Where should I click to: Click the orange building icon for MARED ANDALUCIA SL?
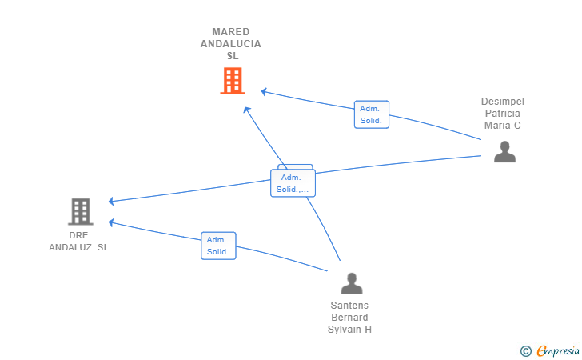pyautogui.click(x=233, y=81)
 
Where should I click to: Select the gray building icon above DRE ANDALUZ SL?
pyautogui.click(x=81, y=212)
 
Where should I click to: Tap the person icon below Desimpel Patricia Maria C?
pyautogui.click(x=504, y=151)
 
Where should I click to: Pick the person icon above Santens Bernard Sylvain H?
pyautogui.click(x=352, y=283)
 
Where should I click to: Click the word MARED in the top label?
pyautogui.click(x=231, y=32)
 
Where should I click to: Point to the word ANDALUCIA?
pyautogui.click(x=231, y=44)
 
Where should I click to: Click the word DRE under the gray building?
pyautogui.click(x=78, y=235)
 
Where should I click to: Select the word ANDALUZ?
pyautogui.click(x=70, y=247)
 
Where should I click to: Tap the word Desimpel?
pyautogui.click(x=503, y=102)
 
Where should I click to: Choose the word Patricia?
pyautogui.click(x=503, y=114)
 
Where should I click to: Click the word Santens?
pyautogui.click(x=349, y=306)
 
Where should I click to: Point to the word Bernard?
pyautogui.click(x=349, y=318)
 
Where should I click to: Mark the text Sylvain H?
pyautogui.click(x=349, y=330)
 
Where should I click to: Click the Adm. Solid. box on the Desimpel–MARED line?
pyautogui.click(x=372, y=114)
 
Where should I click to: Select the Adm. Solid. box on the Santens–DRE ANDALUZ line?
pyautogui.click(x=218, y=246)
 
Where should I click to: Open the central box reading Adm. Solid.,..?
pyautogui.click(x=293, y=183)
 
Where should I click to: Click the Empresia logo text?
pyautogui.click(x=558, y=351)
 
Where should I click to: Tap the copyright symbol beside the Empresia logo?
pyautogui.click(x=526, y=351)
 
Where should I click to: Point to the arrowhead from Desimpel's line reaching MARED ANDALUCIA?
pyautogui.click(x=264, y=91)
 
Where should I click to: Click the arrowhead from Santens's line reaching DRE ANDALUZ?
pyautogui.click(x=111, y=222)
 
